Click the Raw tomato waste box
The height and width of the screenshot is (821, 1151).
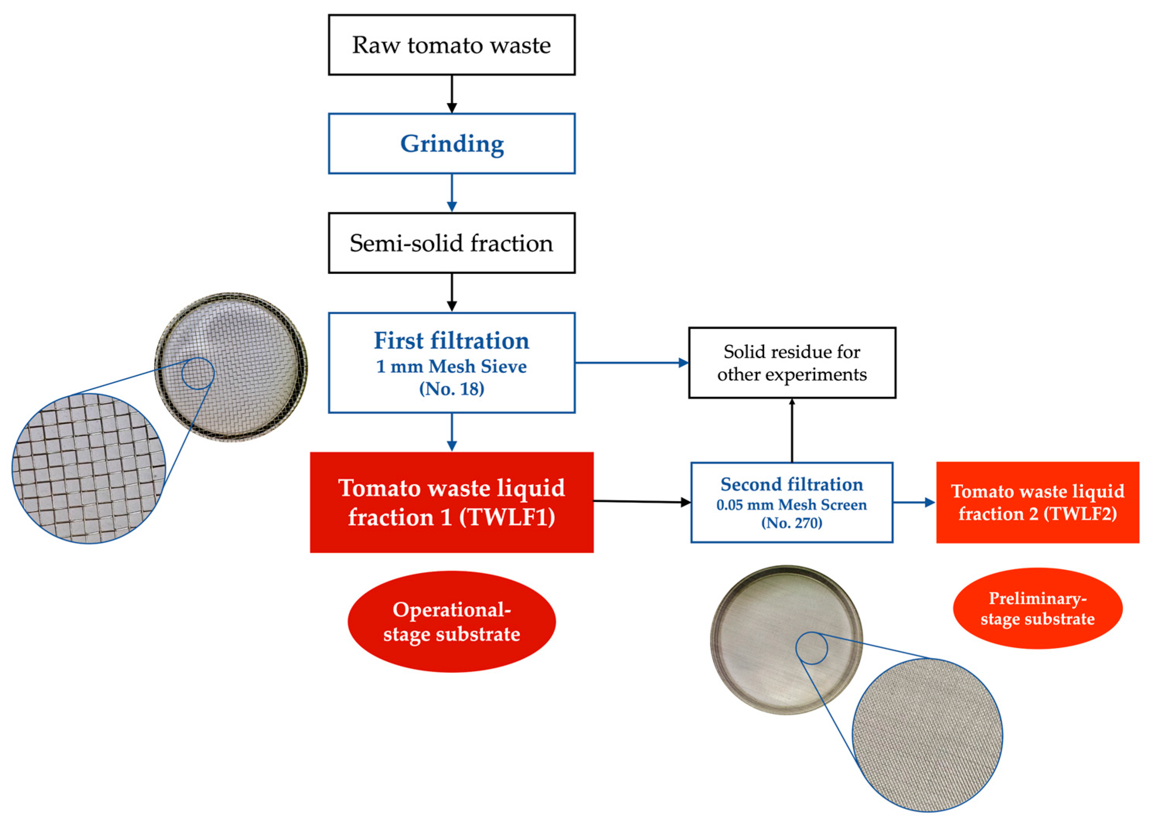(451, 45)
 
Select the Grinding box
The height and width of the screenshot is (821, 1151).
(451, 144)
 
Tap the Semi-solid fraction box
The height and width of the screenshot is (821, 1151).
(451, 243)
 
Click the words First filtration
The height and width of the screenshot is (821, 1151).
(451, 341)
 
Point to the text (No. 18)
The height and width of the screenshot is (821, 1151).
(451, 388)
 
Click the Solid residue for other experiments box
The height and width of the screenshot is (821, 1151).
(792, 363)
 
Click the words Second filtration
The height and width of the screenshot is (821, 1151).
(792, 484)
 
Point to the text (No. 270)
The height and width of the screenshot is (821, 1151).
(792, 523)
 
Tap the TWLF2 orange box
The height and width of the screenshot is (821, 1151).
(1037, 503)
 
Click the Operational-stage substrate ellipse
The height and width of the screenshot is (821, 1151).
(451, 621)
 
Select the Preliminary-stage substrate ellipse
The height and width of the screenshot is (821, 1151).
(1037, 608)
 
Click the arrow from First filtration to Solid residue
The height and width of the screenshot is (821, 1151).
(632, 362)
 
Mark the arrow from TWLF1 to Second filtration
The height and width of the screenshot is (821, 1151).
(642, 501)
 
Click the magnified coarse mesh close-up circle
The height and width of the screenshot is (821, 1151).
(89, 469)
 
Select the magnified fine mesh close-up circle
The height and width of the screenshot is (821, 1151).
(927, 734)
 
